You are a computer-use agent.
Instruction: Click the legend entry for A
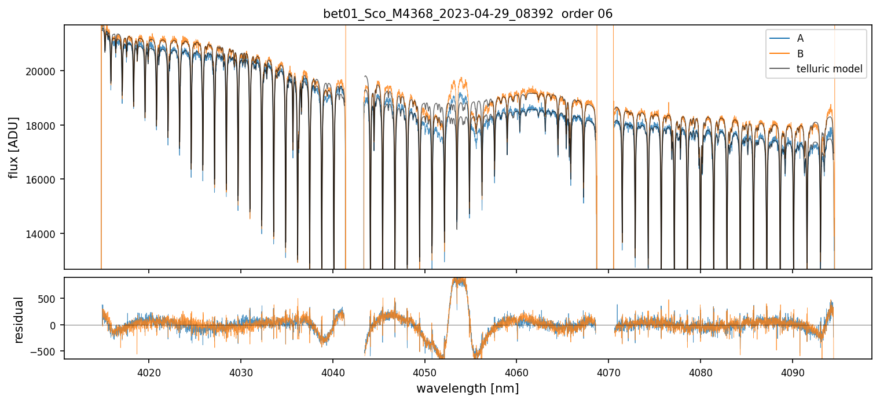801,38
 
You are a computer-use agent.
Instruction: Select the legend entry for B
801,54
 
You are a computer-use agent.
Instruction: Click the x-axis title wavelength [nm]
467,388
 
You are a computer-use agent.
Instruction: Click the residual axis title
19,320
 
